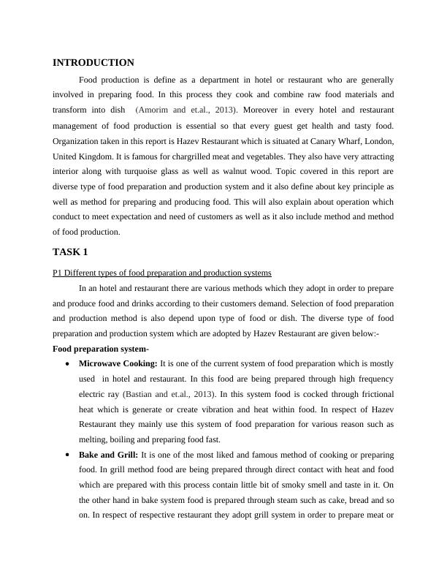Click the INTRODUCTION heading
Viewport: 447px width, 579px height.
93,63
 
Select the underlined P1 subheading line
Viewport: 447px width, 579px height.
161,273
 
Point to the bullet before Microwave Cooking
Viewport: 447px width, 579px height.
68,364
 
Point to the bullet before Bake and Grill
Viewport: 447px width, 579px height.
68,455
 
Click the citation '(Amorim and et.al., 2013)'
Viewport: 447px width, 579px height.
182,110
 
